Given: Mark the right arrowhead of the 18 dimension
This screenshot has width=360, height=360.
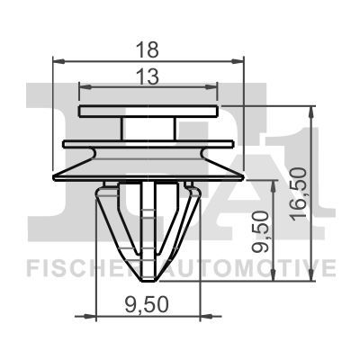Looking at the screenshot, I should click(x=240, y=61).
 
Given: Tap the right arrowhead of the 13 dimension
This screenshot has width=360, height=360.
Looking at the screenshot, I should click(x=215, y=86).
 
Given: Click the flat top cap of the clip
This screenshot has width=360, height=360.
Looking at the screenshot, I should click(x=149, y=111).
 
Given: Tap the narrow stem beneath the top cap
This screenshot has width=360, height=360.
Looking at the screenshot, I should click(x=149, y=129).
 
